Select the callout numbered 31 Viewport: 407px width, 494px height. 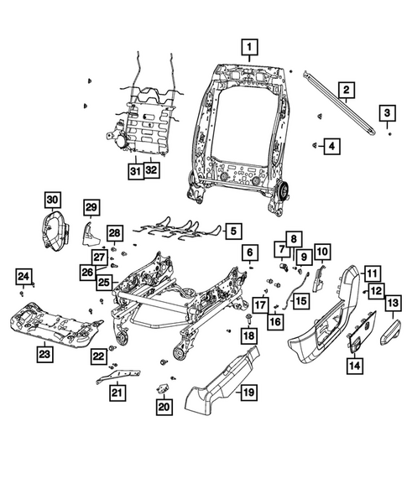(134, 171)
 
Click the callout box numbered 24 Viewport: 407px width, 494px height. (24, 277)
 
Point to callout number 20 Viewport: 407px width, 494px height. (163, 407)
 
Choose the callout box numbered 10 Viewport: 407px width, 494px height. (322, 250)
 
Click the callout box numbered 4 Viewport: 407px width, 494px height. (333, 147)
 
